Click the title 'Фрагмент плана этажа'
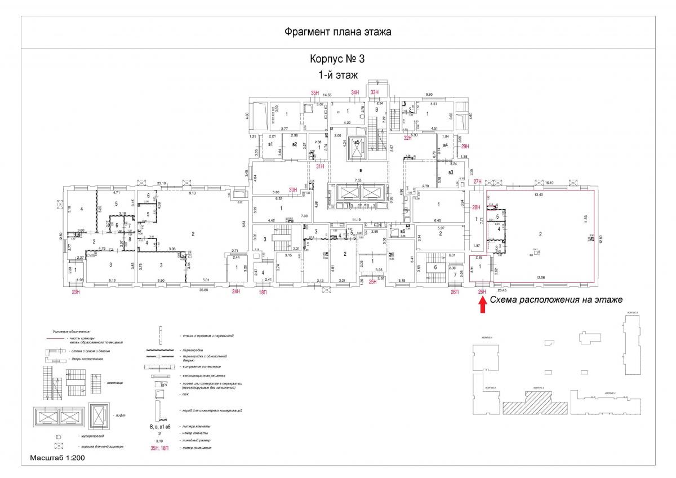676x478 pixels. (338, 32)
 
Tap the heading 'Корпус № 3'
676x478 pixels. (338, 59)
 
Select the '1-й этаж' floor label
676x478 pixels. (338, 74)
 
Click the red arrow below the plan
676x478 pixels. (482, 304)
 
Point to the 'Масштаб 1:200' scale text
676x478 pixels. (57, 458)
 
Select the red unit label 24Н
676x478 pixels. (237, 291)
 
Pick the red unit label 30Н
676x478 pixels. (293, 190)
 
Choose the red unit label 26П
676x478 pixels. (455, 291)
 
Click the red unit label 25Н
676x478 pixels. (372, 281)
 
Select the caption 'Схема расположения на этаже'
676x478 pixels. (556, 300)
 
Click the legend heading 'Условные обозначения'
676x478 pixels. (72, 332)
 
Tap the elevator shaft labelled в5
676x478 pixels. (356, 143)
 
